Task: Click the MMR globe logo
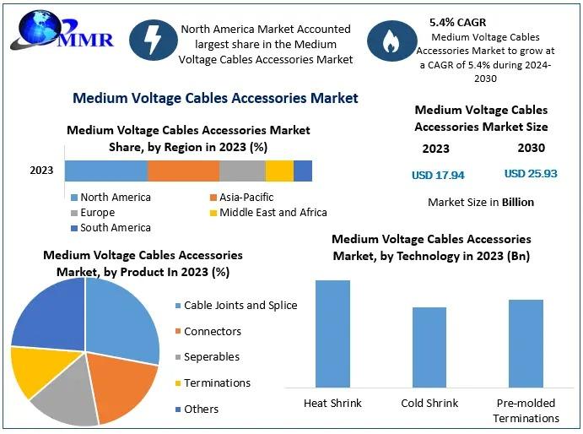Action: [62, 30]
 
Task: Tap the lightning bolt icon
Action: [154, 41]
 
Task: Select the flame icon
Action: [391, 41]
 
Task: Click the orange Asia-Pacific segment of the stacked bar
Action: [183, 171]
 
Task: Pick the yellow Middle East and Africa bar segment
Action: [279, 171]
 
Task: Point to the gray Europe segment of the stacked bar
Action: [242, 171]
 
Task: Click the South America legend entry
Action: [111, 228]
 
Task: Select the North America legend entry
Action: [111, 198]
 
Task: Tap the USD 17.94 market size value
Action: [438, 175]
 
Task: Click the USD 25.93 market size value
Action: [531, 173]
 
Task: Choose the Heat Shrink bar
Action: [332, 334]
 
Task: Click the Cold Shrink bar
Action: [429, 347]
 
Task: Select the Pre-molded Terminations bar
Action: [526, 344]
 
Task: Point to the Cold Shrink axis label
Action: [429, 403]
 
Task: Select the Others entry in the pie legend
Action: [197, 409]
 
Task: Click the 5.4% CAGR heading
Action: [457, 22]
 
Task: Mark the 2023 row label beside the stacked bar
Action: [41, 171]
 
